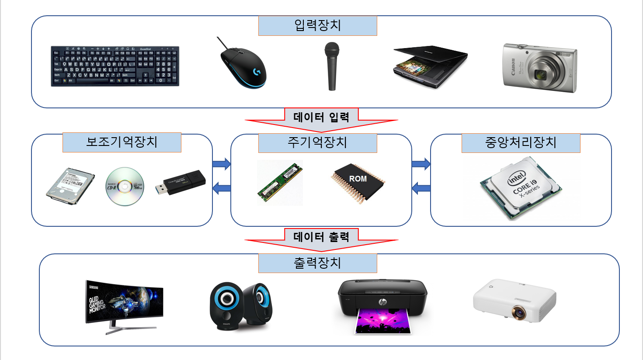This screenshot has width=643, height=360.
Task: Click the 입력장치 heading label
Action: coord(317,26)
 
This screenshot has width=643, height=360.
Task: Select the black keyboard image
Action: coord(115,66)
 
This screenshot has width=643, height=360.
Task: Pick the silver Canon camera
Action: coord(540,68)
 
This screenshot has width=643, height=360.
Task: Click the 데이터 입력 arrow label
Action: coord(321,117)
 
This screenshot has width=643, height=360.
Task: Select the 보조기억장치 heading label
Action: coord(122,142)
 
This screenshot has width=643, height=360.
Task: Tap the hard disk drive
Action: coord(70,186)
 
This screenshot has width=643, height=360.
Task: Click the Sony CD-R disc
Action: coord(125,187)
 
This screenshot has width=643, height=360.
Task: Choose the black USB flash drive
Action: coord(181,183)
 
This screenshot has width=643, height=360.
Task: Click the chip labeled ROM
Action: coord(358,182)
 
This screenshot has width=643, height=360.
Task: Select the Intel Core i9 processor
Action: coord(521,188)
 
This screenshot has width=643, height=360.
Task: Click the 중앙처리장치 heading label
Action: coord(521,143)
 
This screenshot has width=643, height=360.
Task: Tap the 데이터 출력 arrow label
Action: coord(321,237)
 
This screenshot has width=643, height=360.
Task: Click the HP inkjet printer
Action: coord(382,305)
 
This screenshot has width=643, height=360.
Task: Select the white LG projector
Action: coord(514,301)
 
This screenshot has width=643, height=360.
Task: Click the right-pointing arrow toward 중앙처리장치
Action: coord(421,164)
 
